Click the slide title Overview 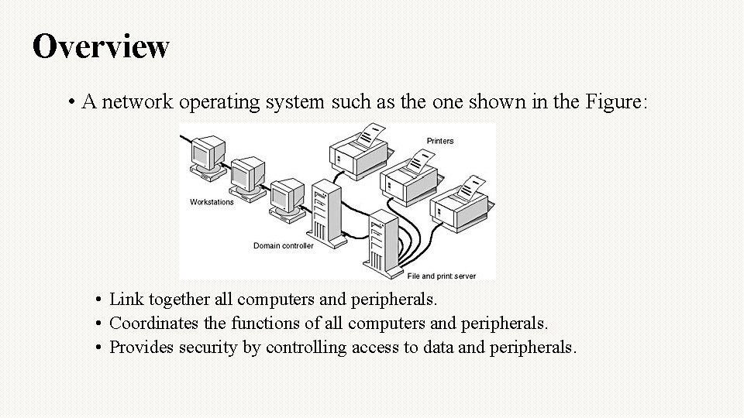(101, 46)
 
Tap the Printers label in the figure (440, 141)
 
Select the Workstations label (212, 202)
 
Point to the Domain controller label (284, 246)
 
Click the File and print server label (442, 276)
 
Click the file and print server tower (383, 240)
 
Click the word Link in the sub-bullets (124, 299)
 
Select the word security (208, 347)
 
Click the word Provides (141, 347)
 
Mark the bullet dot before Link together (100, 300)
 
